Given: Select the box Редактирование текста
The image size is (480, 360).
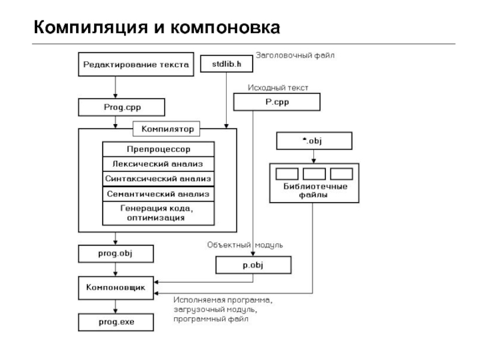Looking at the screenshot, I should click(x=136, y=64).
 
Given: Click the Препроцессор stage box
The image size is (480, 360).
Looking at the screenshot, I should click(x=158, y=148).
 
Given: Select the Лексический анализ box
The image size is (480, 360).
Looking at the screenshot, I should click(x=158, y=163).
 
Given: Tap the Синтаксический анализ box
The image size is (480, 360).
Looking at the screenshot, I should click(x=158, y=179).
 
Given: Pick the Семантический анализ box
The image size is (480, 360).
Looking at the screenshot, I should click(x=158, y=194).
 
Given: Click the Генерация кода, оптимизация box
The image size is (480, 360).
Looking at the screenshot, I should click(x=158, y=213).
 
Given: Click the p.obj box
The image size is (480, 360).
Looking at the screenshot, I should click(x=253, y=264).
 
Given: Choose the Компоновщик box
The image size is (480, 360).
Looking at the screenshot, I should click(x=116, y=288).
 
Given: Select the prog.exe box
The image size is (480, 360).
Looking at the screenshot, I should click(x=116, y=322).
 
